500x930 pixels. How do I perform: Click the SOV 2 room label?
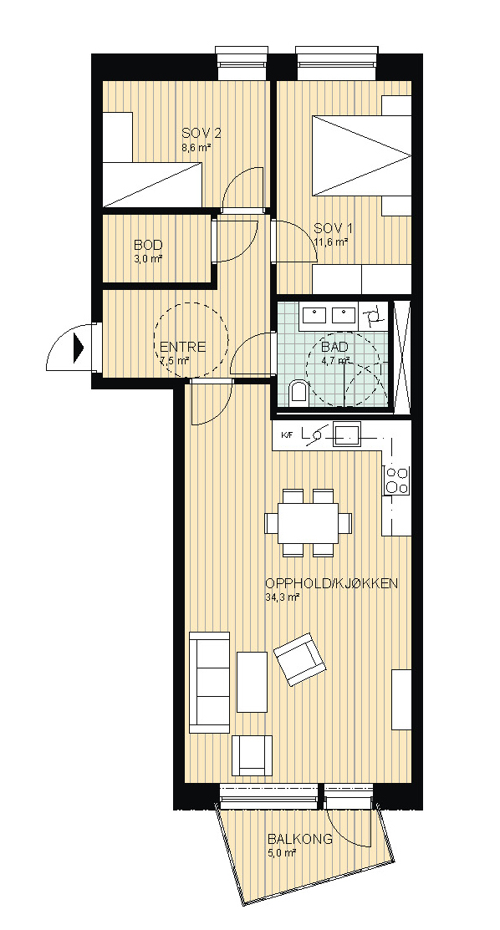[x=196, y=133]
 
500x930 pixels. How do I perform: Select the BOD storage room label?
[x=148, y=245]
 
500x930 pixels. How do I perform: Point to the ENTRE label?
[x=182, y=347]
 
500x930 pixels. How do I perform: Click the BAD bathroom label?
[x=334, y=347]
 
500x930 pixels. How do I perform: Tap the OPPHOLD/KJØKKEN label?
[x=331, y=583]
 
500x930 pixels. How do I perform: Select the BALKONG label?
[x=300, y=840]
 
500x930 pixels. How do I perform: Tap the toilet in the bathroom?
[x=298, y=394]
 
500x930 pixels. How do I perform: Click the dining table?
[x=309, y=522]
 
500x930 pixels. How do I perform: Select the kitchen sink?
[x=346, y=433]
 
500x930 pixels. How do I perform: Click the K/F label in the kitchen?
[x=287, y=436]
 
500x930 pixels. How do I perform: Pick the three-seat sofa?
[x=209, y=682]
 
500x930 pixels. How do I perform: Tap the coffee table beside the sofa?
[x=252, y=682]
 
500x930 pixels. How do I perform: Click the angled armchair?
[x=300, y=659]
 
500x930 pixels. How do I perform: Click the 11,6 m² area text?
[x=331, y=241]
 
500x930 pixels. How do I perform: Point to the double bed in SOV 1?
[x=362, y=155]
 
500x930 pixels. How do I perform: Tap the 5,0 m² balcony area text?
[x=282, y=853]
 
